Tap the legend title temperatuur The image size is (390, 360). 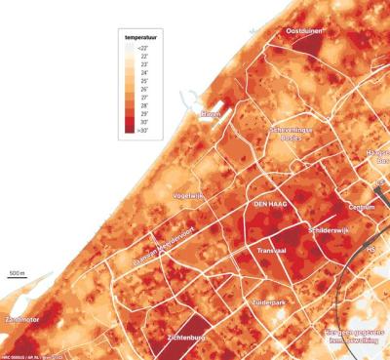143,36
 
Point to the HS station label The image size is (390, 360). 372,247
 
